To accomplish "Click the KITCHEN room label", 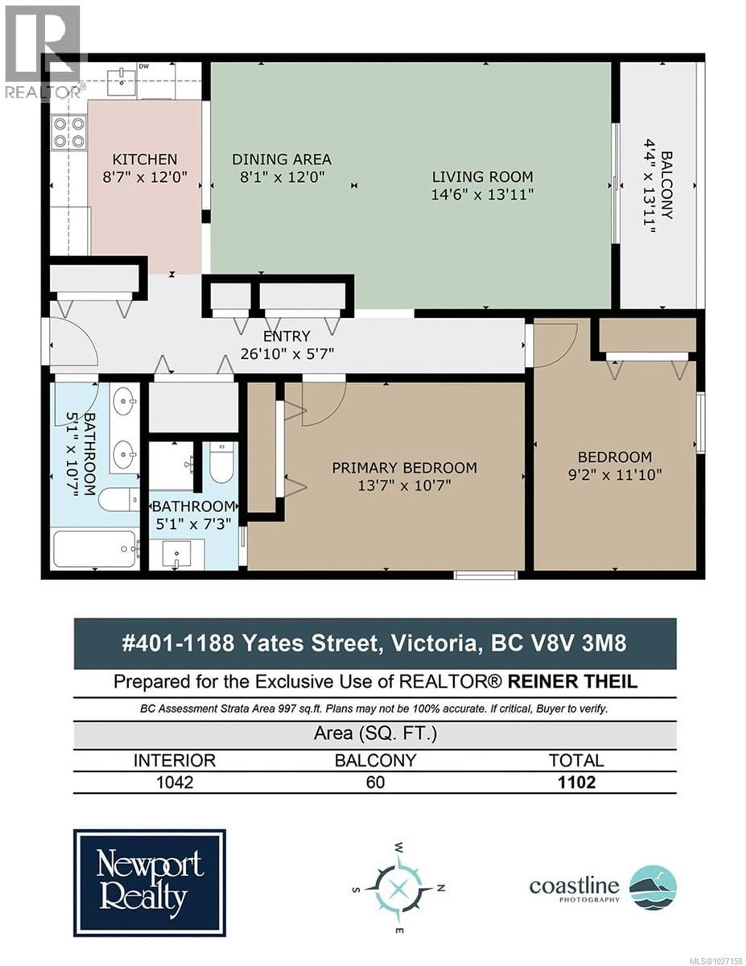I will click(145, 159).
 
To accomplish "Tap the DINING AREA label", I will click(282, 159).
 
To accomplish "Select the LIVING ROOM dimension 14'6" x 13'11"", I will click(482, 195).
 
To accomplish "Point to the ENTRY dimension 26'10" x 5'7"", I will click(287, 354).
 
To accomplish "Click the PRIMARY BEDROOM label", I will click(404, 468).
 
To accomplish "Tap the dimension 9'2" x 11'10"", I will click(615, 475).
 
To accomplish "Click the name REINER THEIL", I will click(573, 682).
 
